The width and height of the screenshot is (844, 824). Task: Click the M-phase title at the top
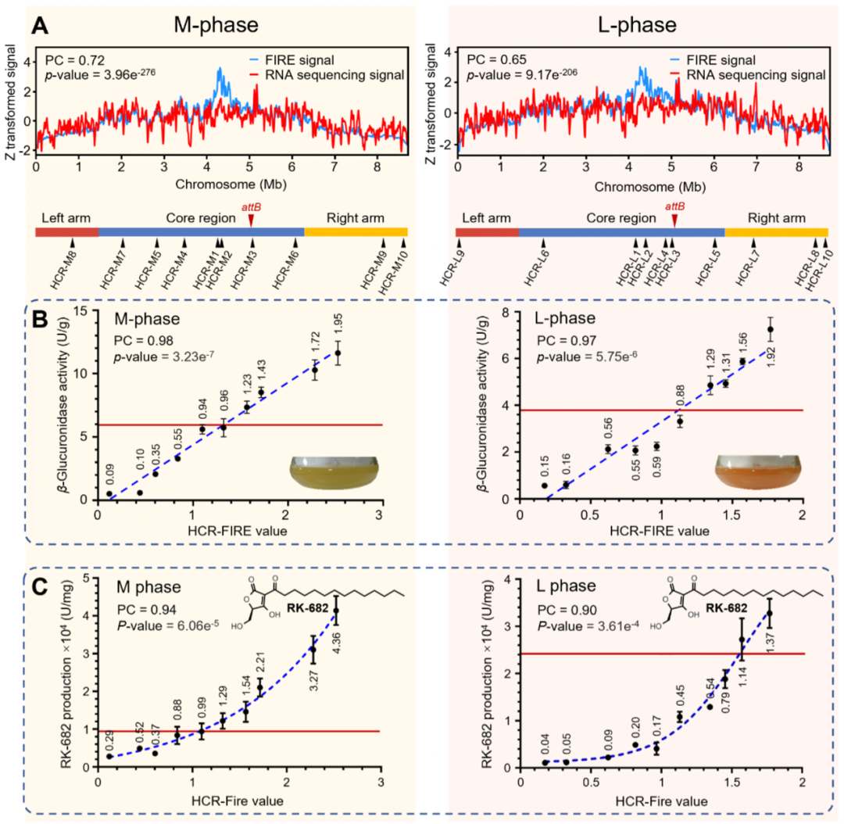coord(216,25)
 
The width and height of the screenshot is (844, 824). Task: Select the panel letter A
coord(43,27)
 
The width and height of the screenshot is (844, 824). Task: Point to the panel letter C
coord(44,584)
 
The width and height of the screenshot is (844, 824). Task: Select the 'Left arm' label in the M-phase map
coord(63,217)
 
